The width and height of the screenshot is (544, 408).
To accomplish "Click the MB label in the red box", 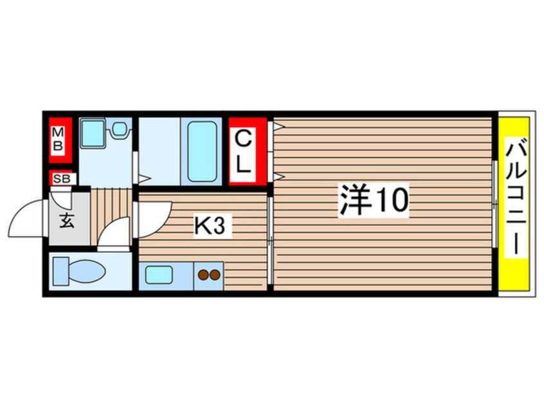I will pos(58,140).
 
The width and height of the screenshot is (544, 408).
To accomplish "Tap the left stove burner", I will pos(203,276).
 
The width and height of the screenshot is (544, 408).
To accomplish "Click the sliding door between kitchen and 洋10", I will pos(270,241).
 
